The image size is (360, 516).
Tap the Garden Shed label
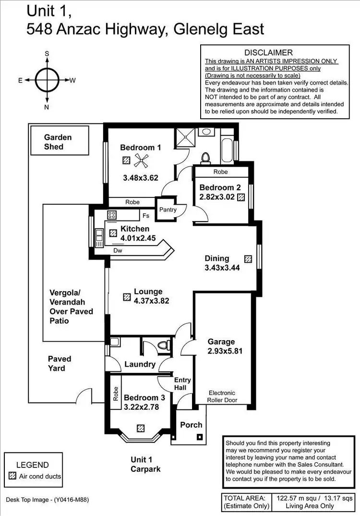(58, 142)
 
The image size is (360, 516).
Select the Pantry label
(168, 209)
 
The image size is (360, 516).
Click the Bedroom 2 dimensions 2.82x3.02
(218, 197)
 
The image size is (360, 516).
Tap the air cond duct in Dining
(248, 258)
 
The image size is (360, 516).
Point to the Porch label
(191, 425)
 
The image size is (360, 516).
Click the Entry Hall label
(182, 383)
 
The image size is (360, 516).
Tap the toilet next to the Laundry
(164, 344)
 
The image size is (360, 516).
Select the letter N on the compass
(47, 107)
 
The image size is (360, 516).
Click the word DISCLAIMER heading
(268, 52)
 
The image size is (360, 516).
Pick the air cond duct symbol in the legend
(13, 477)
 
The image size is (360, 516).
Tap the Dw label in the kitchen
(117, 250)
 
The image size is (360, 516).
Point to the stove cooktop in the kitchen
(112, 215)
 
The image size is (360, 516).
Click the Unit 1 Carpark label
(145, 464)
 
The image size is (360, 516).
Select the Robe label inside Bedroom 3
(116, 394)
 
